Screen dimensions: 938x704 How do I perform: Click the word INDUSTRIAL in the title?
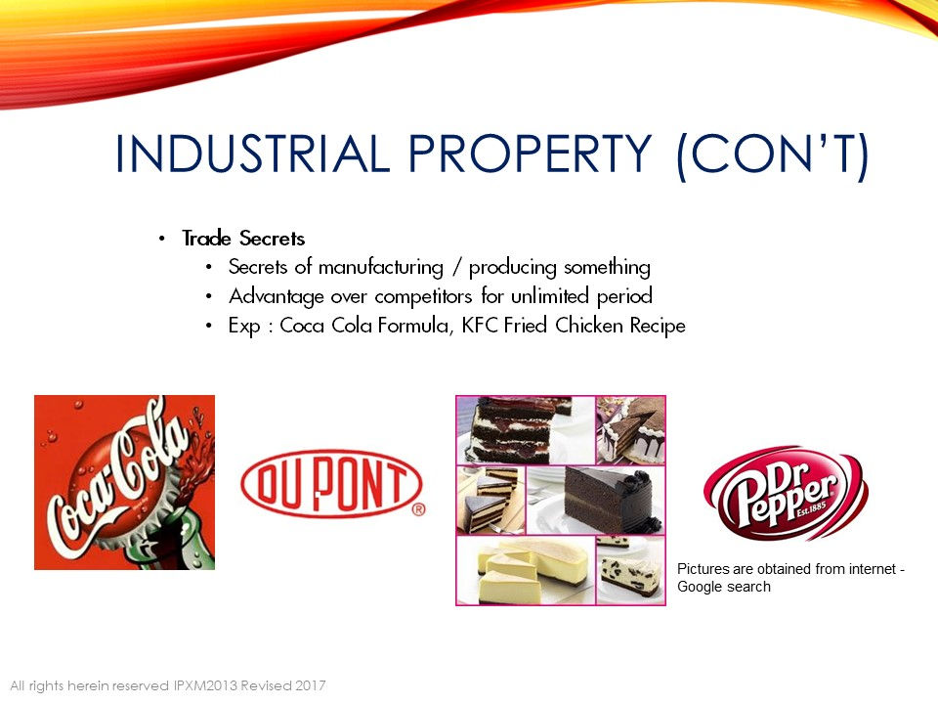coord(252,154)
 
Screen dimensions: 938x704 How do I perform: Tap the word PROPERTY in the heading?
coord(530,154)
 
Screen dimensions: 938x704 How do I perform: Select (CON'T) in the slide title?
coord(772,154)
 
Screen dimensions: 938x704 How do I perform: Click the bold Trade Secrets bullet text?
coord(243,239)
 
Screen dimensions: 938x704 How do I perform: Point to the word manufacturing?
coord(380,267)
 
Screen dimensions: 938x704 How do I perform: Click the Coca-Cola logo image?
coord(124,482)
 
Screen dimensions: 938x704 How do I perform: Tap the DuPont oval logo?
coord(331,484)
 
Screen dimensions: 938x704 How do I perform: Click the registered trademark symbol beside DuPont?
coord(419,509)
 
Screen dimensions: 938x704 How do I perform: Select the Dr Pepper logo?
coord(786,493)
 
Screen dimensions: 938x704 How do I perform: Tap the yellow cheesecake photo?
coord(526,570)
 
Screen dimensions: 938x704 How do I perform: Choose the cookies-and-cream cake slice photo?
coord(631,570)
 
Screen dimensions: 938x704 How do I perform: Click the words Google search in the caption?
coord(724,587)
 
